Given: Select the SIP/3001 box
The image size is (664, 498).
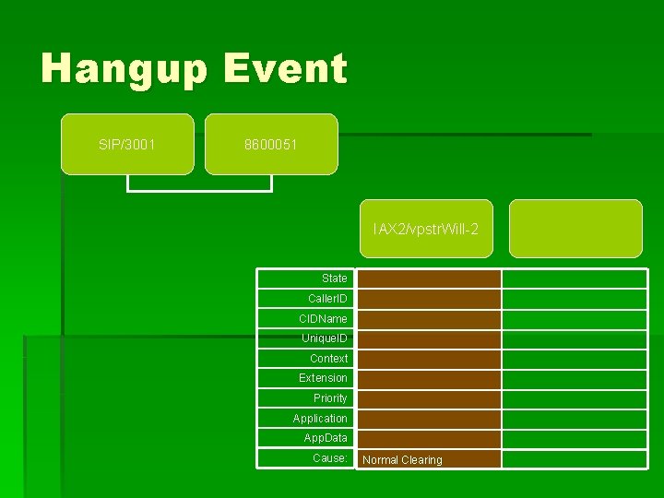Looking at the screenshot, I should (127, 145).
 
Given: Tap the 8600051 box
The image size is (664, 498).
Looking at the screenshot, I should (271, 145).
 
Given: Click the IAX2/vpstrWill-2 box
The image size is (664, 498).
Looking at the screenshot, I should (426, 229).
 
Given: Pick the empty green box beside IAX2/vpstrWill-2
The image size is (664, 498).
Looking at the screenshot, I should (575, 229).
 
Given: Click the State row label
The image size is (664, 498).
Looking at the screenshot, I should (334, 279).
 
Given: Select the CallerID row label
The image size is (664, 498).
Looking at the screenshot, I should (327, 299).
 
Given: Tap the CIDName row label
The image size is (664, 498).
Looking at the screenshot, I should (323, 319).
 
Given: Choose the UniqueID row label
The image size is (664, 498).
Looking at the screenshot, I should (325, 338).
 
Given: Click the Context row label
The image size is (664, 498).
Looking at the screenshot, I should (328, 359).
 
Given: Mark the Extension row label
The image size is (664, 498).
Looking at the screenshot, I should (323, 378).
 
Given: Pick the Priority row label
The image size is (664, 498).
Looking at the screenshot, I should (330, 398).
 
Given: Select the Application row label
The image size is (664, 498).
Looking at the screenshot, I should (320, 419).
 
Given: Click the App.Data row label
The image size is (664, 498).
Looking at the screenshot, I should (326, 438).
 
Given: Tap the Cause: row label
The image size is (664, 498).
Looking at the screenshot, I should (329, 458).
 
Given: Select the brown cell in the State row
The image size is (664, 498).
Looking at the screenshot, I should (429, 279).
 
